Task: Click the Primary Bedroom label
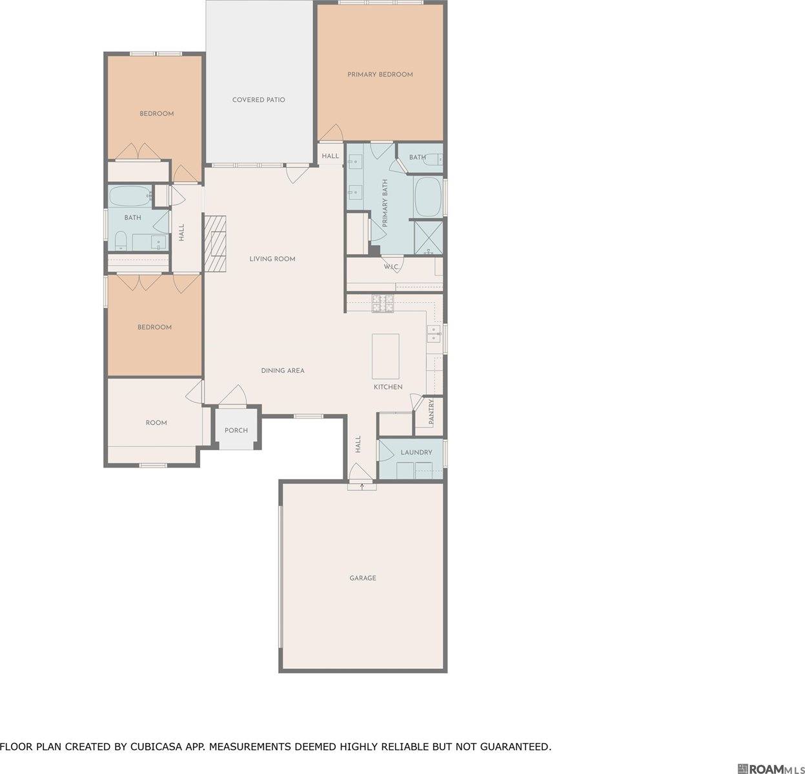point(380,74)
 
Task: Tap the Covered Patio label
point(258,99)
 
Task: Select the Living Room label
point(272,259)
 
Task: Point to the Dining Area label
point(283,370)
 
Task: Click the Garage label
point(362,578)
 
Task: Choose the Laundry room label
point(416,452)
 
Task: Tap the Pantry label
point(431,412)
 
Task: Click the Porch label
point(236,430)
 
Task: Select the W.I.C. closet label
point(391,266)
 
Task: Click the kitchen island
point(385,356)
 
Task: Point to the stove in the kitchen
point(382,303)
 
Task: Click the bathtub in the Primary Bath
point(427,197)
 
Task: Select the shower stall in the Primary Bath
point(428,237)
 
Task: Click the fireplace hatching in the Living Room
point(216,243)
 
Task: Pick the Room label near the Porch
point(156,422)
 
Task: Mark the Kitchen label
point(387,387)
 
